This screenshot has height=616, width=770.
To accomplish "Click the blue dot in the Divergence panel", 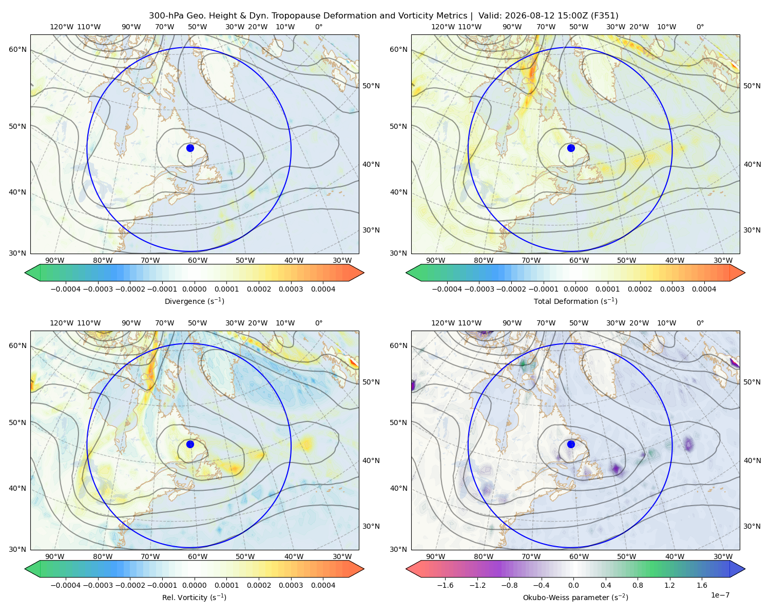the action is tap(190, 148).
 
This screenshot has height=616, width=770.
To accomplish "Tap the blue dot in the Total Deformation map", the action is tap(571, 148).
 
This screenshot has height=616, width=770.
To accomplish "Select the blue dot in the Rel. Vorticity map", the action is tap(190, 444).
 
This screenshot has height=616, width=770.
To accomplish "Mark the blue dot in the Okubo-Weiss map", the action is tap(571, 444).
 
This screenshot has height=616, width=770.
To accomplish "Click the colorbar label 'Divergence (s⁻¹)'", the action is tap(194, 301).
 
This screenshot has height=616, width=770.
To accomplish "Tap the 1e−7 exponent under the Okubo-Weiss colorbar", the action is tap(720, 595).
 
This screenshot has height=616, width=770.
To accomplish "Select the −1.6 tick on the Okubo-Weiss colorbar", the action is tap(445, 585).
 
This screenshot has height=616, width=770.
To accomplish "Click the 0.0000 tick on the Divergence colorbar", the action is tap(194, 289).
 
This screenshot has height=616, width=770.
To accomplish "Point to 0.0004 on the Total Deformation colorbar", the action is tap(704, 289).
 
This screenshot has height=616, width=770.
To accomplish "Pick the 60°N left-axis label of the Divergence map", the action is tap(17, 49).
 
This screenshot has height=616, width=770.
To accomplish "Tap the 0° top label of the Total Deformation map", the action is tap(700, 27).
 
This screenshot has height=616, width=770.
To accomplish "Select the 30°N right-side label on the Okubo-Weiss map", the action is tap(752, 526).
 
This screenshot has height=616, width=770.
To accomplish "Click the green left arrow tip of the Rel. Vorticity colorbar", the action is tap(25, 569).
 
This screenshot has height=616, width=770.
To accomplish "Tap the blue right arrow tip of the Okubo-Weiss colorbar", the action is tap(745, 569).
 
